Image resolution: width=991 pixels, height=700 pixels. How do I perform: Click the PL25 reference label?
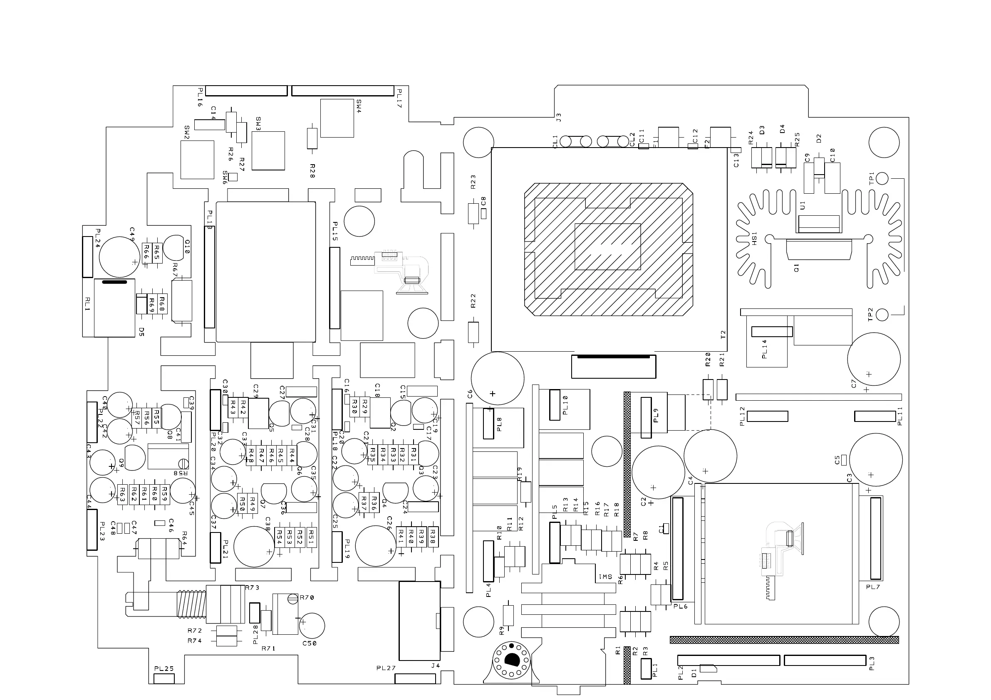[164, 669]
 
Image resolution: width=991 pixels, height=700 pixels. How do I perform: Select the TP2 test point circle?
[883, 315]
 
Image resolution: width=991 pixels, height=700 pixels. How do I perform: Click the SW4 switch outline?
[337, 118]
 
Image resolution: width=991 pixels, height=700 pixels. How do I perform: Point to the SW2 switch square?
[197, 160]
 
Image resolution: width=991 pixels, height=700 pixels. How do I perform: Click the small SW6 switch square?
[233, 177]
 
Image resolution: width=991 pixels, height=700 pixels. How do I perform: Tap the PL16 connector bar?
[246, 91]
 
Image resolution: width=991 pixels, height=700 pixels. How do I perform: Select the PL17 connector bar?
[343, 91]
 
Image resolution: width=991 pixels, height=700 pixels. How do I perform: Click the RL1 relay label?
[88, 303]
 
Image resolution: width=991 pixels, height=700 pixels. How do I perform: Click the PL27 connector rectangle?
[415, 678]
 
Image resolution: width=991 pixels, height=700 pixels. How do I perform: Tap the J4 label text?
[436, 666]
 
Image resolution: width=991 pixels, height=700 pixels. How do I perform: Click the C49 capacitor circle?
[119, 257]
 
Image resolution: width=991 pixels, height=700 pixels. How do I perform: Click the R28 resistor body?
[312, 138]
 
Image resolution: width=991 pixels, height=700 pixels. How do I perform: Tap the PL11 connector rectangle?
[875, 416]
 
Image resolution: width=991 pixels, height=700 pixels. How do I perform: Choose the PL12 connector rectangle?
[768, 416]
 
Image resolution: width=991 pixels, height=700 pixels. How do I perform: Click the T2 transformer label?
[723, 334]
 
